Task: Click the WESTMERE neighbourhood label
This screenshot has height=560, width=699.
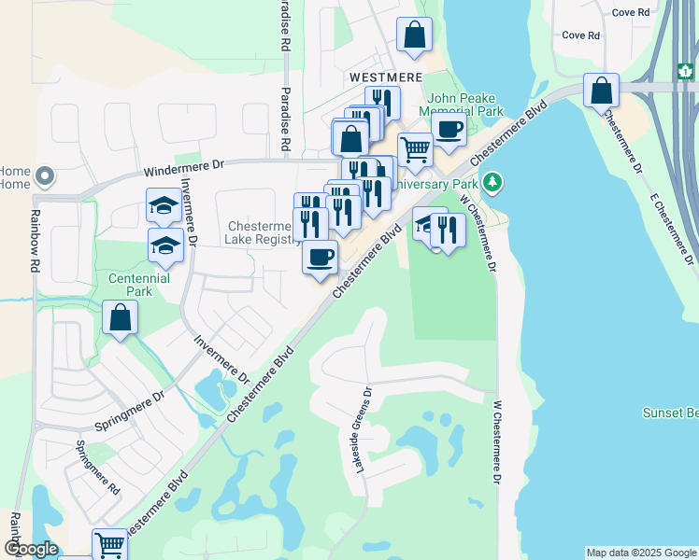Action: (386, 77)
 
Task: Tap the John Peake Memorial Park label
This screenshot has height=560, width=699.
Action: (465, 105)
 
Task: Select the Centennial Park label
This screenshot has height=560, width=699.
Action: (139, 285)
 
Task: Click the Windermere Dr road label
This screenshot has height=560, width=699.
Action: (184, 168)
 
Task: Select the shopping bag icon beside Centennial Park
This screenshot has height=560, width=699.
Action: (121, 318)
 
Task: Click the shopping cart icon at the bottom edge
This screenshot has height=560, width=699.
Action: (109, 544)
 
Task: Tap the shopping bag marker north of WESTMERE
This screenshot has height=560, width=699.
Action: (414, 35)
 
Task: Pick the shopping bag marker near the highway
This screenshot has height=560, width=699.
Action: (602, 91)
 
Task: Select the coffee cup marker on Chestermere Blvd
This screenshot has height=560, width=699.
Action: (320, 257)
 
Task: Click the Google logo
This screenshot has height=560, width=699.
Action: (30, 549)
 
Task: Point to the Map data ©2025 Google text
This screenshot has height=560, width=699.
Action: (641, 553)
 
